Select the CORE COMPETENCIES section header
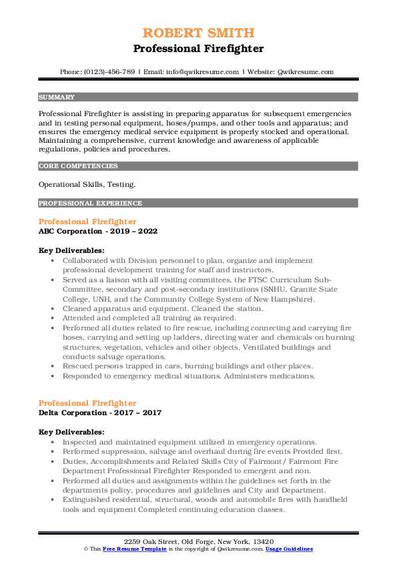[x=69, y=166]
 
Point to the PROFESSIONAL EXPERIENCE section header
[x=81, y=203]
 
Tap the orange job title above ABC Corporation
[x=87, y=222]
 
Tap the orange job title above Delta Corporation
[x=87, y=403]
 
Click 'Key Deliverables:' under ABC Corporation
[x=71, y=250]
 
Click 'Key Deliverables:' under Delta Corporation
[x=71, y=432]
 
